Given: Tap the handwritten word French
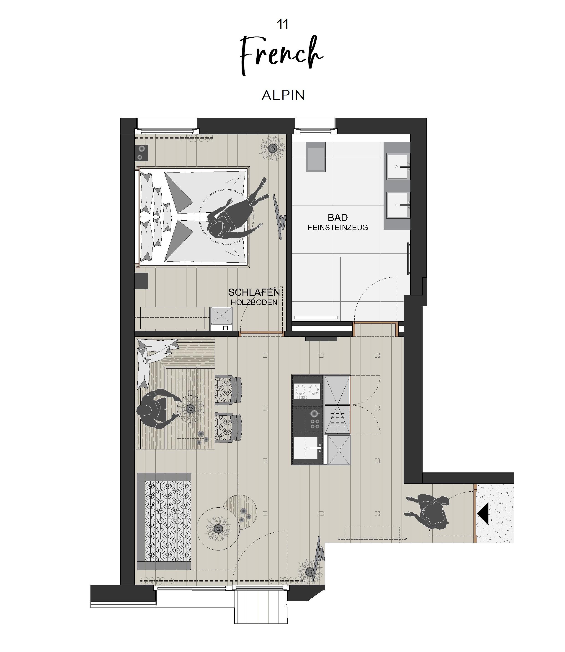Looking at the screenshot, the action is tap(281, 55).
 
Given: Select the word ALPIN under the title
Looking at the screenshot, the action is tap(283, 95).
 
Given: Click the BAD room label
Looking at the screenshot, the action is tap(338, 217).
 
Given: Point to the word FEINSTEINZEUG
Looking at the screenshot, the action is tap(338, 227).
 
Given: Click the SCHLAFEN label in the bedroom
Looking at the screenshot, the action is tap(254, 292).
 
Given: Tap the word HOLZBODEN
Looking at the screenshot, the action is tap(254, 302).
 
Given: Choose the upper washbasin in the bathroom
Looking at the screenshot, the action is tap(398, 167).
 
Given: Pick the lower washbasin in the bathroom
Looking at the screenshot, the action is tap(398, 205).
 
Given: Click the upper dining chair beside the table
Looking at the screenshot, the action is tap(228, 390).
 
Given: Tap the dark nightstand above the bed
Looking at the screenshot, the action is tap(141, 153).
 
